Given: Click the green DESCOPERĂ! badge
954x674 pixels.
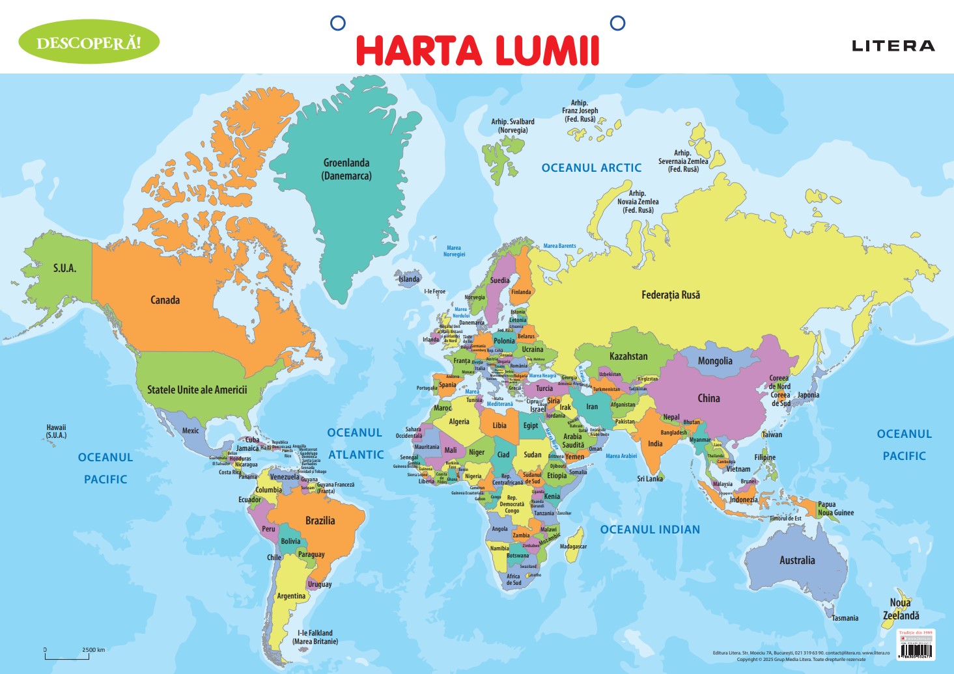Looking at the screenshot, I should point(89,42).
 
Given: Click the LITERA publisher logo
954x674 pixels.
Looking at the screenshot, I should point(893,46).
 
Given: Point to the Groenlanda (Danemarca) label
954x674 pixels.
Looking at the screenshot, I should point(346,169).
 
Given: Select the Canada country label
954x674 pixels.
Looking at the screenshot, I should point(165,300).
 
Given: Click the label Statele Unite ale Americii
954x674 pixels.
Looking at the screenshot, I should point(197,390).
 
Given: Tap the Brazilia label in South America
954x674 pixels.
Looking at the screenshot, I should point(320,520).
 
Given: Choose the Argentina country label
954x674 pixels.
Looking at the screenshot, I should point(290,596).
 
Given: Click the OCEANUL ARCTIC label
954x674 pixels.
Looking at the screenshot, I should point(591,168).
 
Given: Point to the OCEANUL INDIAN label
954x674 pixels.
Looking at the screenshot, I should point(650,530).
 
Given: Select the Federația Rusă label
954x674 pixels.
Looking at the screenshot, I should point(671,295).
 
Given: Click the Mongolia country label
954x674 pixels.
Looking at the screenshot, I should point(715,361).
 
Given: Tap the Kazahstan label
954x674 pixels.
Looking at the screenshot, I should point(628,356).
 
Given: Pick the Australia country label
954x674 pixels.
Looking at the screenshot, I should point(797,560).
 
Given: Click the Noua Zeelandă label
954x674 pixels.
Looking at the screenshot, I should point(901,609).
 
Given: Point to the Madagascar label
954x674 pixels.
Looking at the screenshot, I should point(573,546).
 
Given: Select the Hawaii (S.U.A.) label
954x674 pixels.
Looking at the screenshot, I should point(56,431).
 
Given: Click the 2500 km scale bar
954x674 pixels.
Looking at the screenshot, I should point(67,655).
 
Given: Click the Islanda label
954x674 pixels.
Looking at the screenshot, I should point(409,279).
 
